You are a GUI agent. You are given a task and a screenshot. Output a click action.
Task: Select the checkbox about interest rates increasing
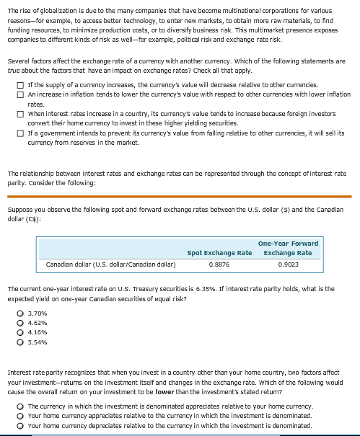[x=21, y=114]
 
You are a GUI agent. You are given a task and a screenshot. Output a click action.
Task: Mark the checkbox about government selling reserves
[x=21, y=133]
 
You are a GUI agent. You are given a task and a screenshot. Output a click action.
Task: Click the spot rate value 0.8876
[x=219, y=264]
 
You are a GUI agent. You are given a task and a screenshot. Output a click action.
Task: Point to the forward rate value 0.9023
[x=288, y=264]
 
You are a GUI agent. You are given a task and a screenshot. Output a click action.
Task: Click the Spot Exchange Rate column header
[x=219, y=253]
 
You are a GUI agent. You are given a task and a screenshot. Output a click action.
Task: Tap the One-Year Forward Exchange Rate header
[x=288, y=248]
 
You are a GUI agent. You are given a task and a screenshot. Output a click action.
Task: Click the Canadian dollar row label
[x=110, y=264]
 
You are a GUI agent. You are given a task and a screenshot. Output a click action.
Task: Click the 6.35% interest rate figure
[x=219, y=289]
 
